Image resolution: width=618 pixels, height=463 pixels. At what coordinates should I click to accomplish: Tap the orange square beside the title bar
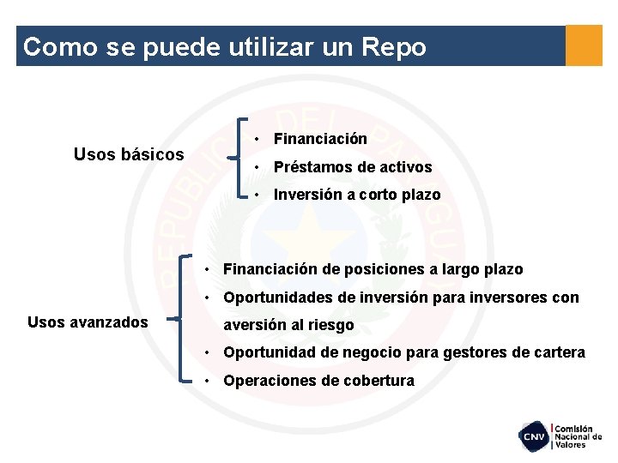coord(585,45)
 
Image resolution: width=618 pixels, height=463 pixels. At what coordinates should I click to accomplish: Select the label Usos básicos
coord(129,154)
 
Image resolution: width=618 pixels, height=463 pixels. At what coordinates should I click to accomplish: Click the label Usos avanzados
coord(88,322)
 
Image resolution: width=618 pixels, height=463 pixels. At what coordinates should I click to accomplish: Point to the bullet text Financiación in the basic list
coord(320,139)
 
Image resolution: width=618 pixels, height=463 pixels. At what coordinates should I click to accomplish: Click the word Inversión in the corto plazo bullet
coord(308,195)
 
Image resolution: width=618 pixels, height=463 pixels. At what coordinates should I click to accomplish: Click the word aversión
coord(253,326)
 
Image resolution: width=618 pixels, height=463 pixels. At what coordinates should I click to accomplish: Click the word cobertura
coord(378,381)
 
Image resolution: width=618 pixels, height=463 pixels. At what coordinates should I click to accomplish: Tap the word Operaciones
coord(268,381)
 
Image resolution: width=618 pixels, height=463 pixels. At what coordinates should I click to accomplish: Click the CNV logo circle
coord(533,436)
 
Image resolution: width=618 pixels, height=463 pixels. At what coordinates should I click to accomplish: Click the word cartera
coord(560,352)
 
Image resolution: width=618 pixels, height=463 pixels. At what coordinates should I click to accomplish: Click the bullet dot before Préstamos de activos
coord(258,167)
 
